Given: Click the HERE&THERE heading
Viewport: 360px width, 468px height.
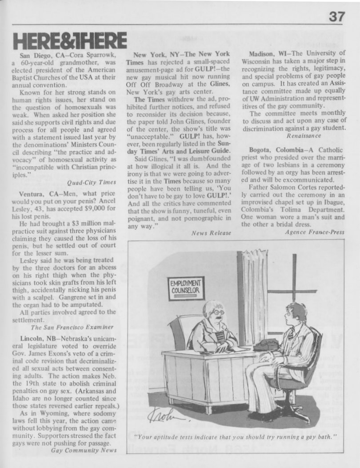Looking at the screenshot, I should pos(69,41).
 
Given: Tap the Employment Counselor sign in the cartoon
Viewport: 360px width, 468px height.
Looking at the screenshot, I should pos(186,288).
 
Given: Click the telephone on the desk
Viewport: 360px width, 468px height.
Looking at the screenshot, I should pos(265,344).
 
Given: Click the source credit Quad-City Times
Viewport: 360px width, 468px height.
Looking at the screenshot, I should pos(92,182).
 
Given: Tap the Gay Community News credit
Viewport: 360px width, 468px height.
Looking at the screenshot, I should pos(84,450).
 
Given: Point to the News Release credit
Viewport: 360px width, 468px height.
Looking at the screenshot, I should pos(211,232).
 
